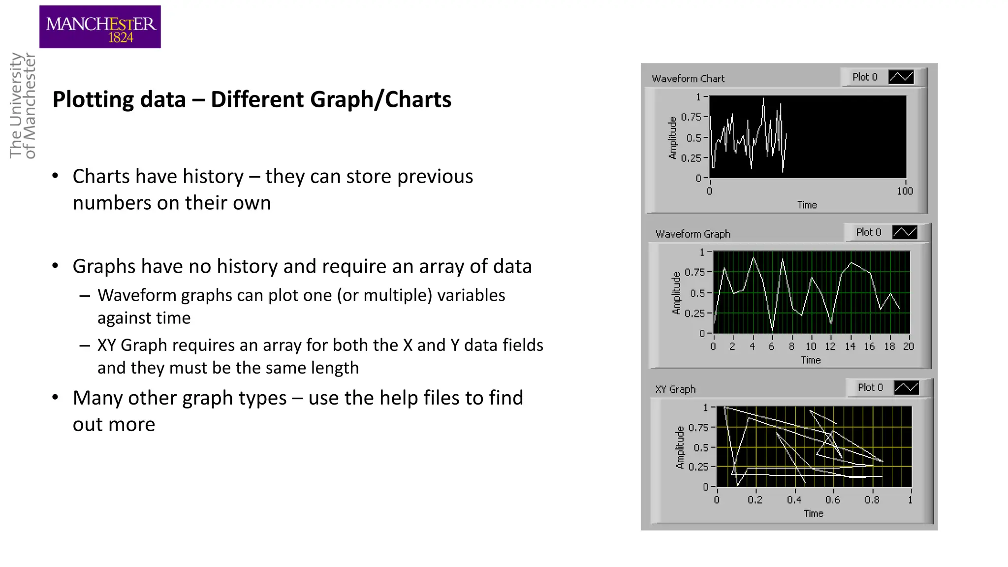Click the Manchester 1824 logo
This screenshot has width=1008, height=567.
tap(100, 27)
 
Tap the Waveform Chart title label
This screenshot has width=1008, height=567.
tap(688, 79)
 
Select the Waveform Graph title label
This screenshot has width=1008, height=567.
tap(693, 234)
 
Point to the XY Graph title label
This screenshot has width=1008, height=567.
tap(675, 389)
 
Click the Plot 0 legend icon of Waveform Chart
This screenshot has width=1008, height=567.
tap(901, 77)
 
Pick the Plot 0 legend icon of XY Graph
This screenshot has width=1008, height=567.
tap(906, 388)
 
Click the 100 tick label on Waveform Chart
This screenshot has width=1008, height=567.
tap(905, 191)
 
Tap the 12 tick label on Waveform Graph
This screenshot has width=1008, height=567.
tap(830, 346)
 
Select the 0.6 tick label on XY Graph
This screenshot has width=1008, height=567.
tap(833, 500)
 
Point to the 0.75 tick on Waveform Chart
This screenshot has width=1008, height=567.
tap(691, 117)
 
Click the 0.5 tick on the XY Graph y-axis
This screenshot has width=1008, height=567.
tap(701, 448)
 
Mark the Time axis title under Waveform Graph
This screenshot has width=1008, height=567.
tap(811, 360)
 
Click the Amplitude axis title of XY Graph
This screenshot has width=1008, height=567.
tap(680, 447)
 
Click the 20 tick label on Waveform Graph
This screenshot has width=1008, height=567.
tap(909, 346)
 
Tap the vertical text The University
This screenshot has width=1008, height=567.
tap(16, 105)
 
